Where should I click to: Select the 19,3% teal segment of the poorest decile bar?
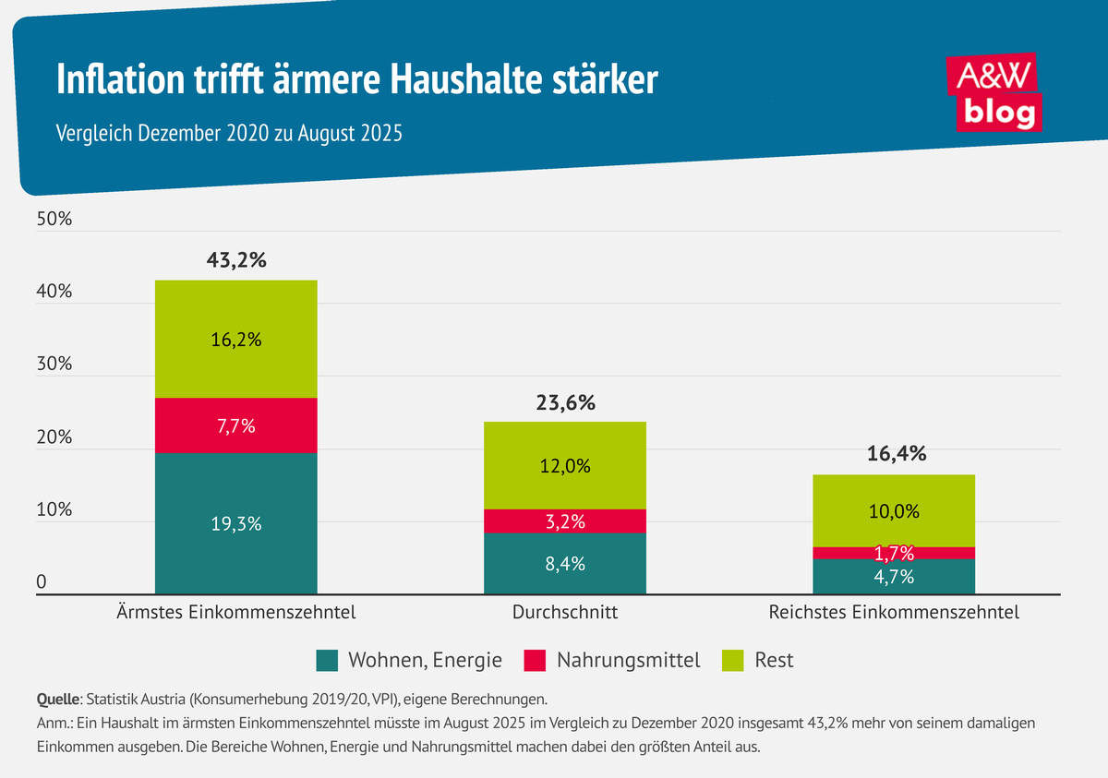click(236, 523)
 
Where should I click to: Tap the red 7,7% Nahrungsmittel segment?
click(236, 425)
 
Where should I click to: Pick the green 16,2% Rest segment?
click(236, 339)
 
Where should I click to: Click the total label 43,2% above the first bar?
click(236, 259)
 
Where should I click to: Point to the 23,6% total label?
click(565, 402)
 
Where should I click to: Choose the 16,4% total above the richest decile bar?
click(895, 453)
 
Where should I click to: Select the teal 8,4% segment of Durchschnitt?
click(565, 564)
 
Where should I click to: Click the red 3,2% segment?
click(565, 521)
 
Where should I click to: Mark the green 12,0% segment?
click(565, 465)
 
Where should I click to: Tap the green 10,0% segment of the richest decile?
click(895, 510)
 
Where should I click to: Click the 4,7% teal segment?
click(895, 578)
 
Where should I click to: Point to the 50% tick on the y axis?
click(54, 220)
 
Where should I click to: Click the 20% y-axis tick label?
click(54, 437)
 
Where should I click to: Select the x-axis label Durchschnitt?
click(565, 612)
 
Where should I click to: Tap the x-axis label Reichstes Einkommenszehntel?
click(895, 612)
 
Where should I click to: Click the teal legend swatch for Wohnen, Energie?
click(327, 660)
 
